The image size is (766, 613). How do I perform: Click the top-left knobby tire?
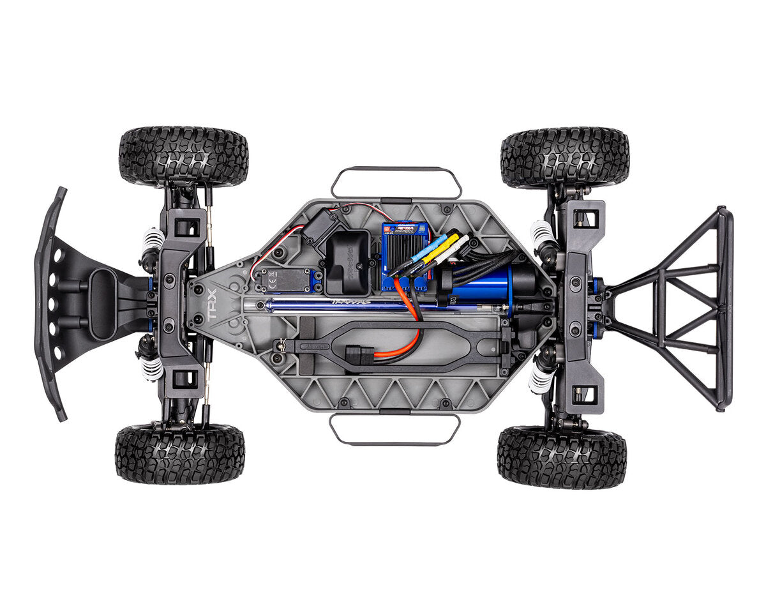(x=183, y=156)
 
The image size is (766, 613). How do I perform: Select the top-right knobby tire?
(x=565, y=157)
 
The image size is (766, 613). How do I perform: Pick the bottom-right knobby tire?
(x=562, y=457)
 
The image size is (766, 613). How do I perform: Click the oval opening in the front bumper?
(x=101, y=303)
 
